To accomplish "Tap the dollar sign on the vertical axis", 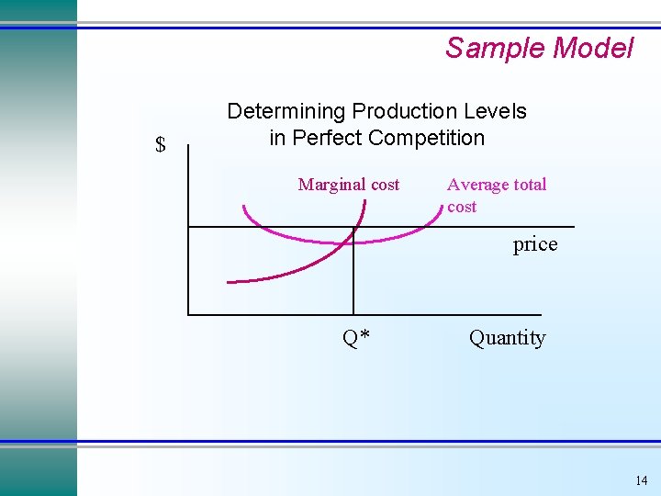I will [x=161, y=144].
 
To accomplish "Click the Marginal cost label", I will [x=349, y=185].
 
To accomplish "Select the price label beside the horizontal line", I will [x=535, y=244].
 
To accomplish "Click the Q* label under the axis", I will [x=356, y=338].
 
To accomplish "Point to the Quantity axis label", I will [x=507, y=338].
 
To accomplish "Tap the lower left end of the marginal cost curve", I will [x=228, y=280].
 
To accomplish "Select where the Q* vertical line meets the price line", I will [x=353, y=226].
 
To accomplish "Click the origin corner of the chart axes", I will [x=188, y=314].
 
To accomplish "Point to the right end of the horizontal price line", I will [x=574, y=226].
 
